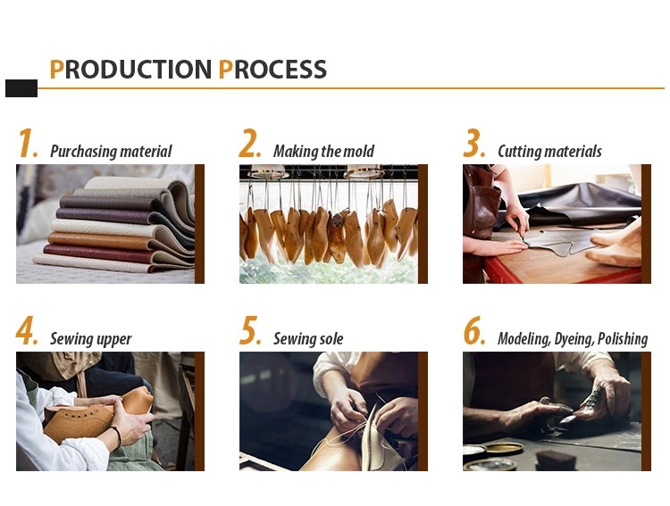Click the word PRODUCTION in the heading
[130, 70]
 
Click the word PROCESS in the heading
[272, 70]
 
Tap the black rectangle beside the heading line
[21, 88]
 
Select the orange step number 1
[28, 144]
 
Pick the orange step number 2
[249, 144]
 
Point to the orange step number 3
[474, 144]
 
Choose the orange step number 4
[27, 330]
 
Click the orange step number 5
[250, 330]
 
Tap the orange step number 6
[474, 330]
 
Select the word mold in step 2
[359, 151]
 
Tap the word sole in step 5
[331, 339]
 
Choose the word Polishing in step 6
[623, 339]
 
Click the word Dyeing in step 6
[574, 339]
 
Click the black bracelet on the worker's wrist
[116, 436]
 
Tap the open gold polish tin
[504, 448]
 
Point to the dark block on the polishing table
[556, 461]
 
